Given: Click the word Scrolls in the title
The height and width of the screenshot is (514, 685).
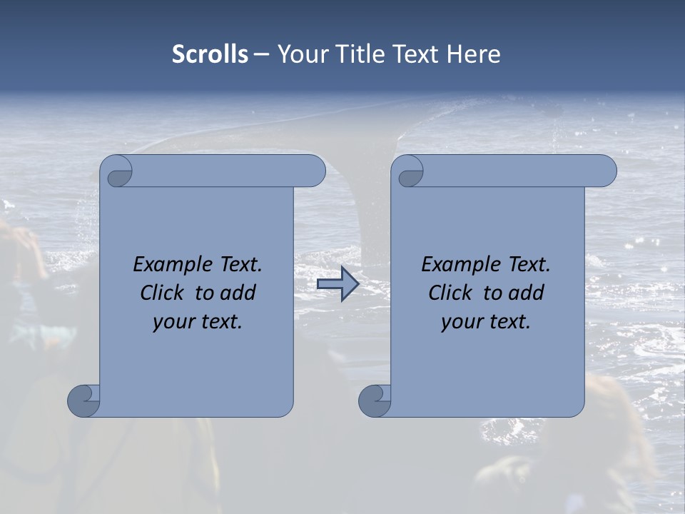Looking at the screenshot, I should [210, 54].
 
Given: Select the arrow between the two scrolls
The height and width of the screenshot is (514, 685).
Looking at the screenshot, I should [338, 284].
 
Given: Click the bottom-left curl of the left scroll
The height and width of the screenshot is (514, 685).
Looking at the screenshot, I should [83, 400].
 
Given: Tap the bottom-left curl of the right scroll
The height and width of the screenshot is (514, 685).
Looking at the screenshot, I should [374, 400].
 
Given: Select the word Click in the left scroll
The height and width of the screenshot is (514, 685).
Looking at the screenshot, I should [162, 293].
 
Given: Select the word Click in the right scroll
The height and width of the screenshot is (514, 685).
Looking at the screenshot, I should [450, 293].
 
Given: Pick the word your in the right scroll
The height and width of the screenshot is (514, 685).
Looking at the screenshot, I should [460, 322].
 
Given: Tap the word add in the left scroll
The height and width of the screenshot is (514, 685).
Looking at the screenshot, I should [238, 293].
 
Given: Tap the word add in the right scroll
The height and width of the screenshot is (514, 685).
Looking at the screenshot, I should [527, 293].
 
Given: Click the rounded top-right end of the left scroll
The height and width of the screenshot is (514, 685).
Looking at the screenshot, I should [315, 171].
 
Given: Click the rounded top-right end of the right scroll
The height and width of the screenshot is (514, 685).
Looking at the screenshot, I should [606, 171].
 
